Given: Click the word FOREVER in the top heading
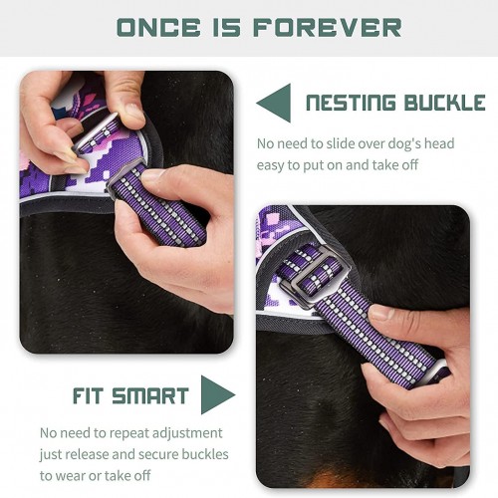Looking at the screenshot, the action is (327, 27).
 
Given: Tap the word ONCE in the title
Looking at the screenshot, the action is (158, 27).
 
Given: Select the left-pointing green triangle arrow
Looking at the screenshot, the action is (274, 103).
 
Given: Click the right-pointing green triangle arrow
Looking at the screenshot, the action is (218, 394).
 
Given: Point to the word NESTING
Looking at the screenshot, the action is (351, 103).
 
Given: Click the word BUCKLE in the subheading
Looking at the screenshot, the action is (444, 103).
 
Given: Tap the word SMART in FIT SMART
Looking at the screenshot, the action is (150, 395).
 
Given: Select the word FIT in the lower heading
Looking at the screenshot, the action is (88, 395).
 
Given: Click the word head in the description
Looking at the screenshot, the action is (439, 143).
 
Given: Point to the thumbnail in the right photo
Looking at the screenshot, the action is (381, 313).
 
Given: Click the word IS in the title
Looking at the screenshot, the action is (226, 27).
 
